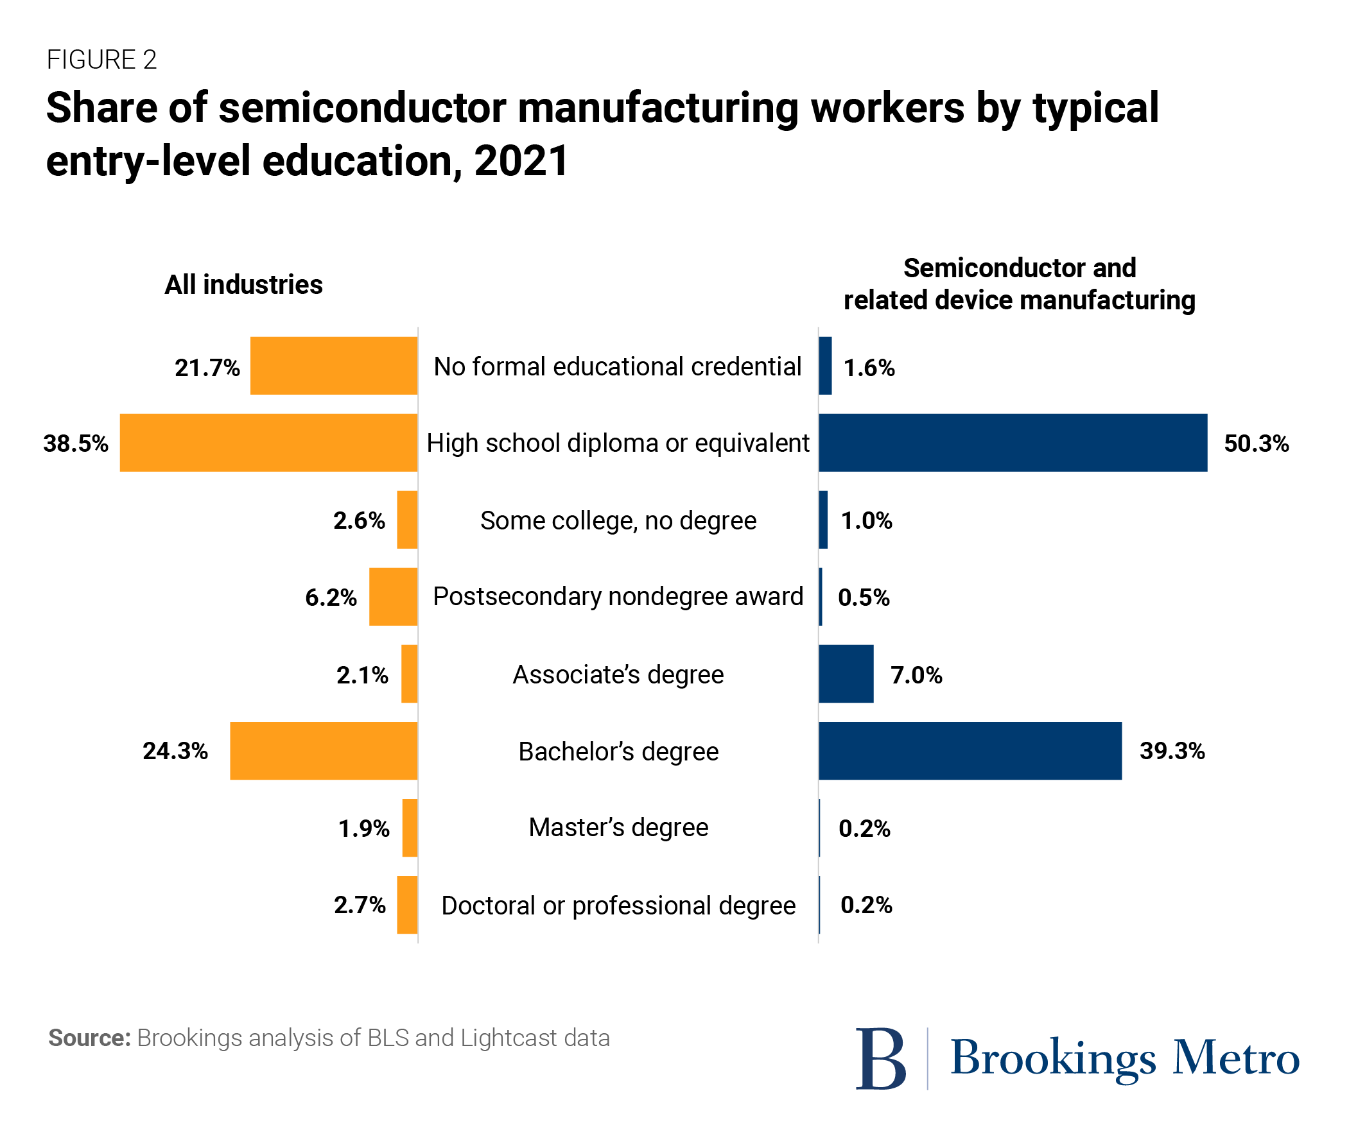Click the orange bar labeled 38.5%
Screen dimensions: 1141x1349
[x=268, y=443]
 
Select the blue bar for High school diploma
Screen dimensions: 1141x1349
[x=1013, y=443]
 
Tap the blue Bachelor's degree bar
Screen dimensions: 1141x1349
[x=970, y=751]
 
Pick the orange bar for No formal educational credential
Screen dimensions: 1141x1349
[x=334, y=366]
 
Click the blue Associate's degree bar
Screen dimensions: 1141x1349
[x=846, y=674]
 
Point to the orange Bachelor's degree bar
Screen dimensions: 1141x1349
[x=324, y=751]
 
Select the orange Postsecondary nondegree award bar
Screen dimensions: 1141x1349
[x=394, y=597]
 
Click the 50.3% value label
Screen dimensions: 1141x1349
[x=1256, y=443]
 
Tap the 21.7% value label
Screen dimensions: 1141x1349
[x=207, y=368]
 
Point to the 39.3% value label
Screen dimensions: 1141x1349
[x=1172, y=751]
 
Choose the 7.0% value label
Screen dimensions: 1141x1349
[x=916, y=675]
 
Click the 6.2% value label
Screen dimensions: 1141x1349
[x=331, y=597]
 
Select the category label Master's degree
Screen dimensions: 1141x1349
[x=618, y=828]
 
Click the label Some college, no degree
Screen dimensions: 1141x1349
[x=618, y=520]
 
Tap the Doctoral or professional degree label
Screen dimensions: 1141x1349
[x=618, y=905]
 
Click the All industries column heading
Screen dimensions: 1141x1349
[x=243, y=284]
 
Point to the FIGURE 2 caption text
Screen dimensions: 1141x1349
[x=101, y=60]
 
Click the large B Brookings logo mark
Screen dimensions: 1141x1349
[x=880, y=1059]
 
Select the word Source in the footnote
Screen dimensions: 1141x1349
[x=89, y=1038]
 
